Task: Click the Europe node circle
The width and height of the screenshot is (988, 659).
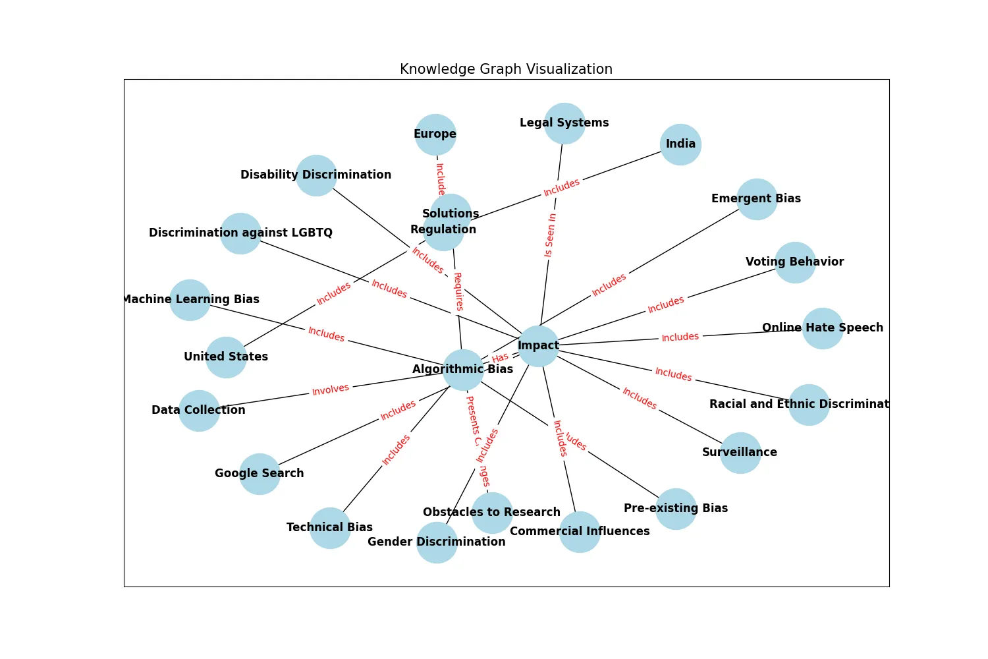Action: (435, 134)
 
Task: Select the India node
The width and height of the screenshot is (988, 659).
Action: (680, 144)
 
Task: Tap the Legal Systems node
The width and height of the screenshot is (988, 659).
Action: (564, 123)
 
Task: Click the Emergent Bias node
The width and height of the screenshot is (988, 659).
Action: (757, 199)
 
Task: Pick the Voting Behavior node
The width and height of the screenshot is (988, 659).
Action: (795, 262)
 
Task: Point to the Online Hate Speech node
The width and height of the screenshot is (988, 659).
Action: (823, 328)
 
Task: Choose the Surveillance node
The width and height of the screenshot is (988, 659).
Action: (740, 453)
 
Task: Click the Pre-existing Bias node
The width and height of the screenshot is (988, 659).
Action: (676, 509)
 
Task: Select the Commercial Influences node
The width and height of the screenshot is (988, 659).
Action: (580, 532)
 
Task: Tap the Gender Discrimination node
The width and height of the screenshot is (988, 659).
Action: (437, 542)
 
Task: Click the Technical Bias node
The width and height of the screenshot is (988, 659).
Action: (330, 528)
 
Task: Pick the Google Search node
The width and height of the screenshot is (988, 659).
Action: (260, 474)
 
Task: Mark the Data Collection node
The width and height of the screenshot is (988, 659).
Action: (199, 411)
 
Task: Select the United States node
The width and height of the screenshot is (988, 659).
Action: (226, 357)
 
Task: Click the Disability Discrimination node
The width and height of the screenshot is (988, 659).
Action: (316, 175)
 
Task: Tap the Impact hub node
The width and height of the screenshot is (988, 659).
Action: (538, 346)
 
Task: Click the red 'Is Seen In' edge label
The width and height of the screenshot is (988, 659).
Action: (550, 235)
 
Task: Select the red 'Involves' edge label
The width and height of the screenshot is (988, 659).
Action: (331, 389)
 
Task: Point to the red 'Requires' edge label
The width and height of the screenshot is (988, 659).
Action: (458, 291)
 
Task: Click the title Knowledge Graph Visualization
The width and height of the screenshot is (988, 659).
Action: (506, 69)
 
